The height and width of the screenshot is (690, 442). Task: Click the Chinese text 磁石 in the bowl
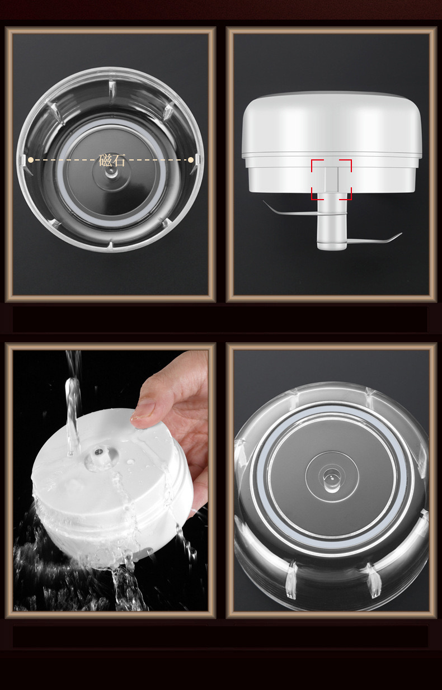pos(112,160)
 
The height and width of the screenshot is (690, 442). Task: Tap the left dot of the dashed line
pos(31,160)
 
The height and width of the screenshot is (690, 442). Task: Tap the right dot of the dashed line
pos(191,160)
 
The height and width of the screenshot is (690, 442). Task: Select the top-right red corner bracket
pos(349,162)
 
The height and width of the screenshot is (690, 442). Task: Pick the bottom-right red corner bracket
pos(349,197)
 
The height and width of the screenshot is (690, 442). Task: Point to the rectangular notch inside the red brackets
pos(331,179)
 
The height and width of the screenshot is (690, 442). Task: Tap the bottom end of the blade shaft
pos(331,246)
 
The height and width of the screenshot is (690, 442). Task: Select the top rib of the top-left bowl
pos(111,89)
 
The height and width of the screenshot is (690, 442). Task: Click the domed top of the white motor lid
pos(331,120)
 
